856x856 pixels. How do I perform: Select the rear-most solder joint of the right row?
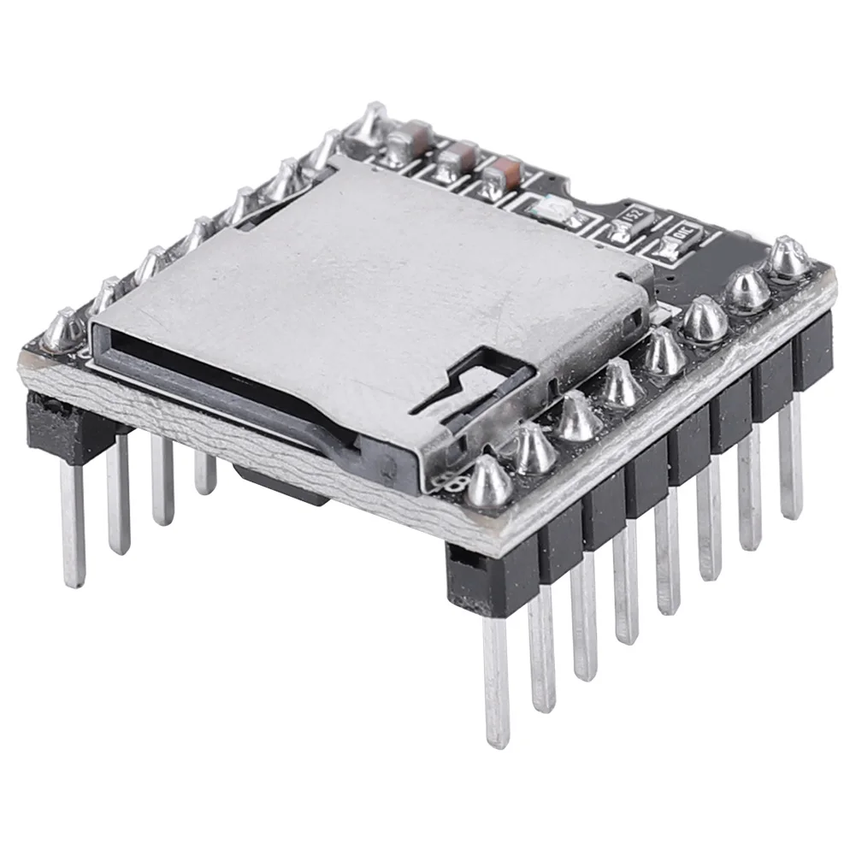click(787, 257)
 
